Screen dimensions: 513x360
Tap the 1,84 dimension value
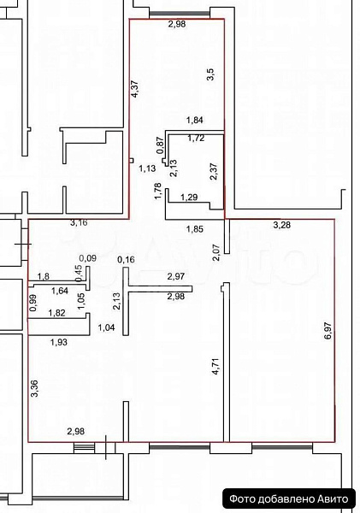[x=197, y=121]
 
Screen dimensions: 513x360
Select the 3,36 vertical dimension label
[x=34, y=389]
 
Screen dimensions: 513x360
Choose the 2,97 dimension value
[x=175, y=276]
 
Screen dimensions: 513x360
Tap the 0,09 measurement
[x=87, y=257]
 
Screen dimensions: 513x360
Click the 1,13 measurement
[x=146, y=169]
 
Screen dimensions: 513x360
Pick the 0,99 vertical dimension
[x=33, y=302]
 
